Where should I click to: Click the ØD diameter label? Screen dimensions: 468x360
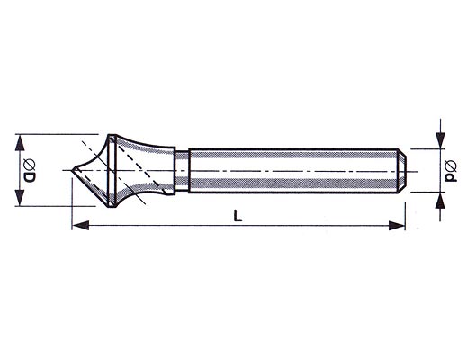point(30,171)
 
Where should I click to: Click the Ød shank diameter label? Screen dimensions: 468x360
point(451,171)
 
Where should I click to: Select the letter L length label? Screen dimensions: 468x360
point(238,216)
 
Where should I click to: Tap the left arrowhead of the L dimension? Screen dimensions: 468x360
point(81,225)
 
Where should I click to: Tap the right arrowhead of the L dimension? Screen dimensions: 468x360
point(397,225)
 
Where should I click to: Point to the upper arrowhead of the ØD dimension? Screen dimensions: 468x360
point(20,143)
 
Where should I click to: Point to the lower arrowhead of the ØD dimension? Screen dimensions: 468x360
point(20,197)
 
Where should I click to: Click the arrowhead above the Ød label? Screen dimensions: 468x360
point(440,140)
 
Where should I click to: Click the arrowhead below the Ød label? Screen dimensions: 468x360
point(440,201)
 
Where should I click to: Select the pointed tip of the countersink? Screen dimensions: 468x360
point(72,170)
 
